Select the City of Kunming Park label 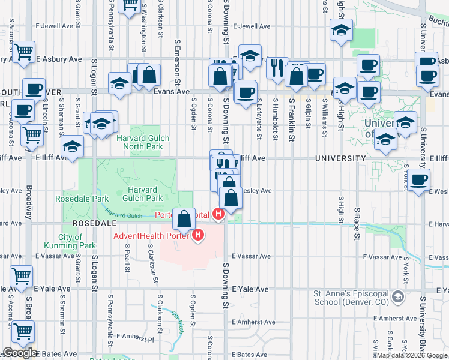coord(70,241)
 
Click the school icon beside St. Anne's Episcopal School coord(397,296)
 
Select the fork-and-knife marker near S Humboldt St coord(277,68)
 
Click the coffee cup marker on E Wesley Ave coord(418,178)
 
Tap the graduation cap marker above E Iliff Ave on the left coord(72,146)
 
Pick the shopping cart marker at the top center coord(130,5)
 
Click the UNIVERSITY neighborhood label coord(340,158)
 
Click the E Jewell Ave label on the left coord(57,26)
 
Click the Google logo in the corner coord(19,353)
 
